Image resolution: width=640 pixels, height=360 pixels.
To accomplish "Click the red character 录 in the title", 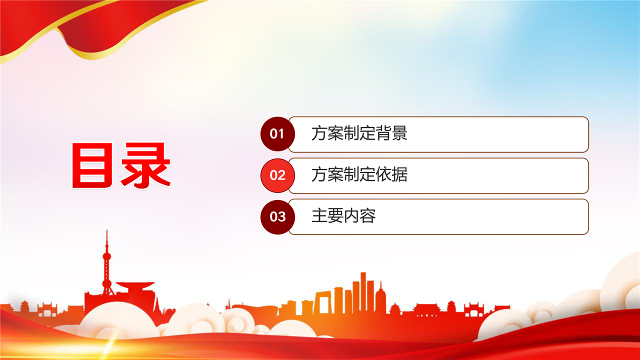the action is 145,165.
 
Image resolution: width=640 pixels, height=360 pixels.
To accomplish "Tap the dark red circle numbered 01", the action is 277,133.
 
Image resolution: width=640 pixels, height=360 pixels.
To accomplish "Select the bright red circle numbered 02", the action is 277,175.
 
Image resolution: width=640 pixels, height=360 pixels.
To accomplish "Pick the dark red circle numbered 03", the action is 277,217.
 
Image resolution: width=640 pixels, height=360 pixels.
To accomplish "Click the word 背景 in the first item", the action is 391,133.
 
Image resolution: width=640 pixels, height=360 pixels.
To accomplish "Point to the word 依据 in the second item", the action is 391,174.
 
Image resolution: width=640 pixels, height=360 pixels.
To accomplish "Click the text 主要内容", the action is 343,215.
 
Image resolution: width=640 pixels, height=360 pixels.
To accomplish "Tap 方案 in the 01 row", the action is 327,133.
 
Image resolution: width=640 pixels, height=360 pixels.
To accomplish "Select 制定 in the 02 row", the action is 359,174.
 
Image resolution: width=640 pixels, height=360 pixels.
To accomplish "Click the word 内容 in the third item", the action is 359,215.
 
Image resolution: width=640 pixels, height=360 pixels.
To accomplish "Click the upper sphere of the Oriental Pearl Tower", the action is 107,256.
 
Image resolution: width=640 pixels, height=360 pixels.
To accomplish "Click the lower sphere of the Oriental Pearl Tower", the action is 107,283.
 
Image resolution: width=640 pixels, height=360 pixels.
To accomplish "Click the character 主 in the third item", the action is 319,215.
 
